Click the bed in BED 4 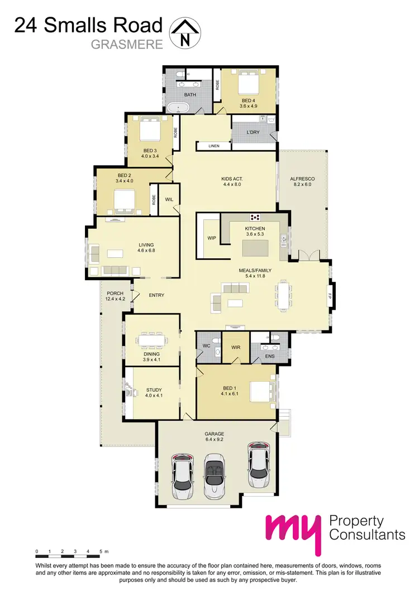point(247,85)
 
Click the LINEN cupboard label point(214,146)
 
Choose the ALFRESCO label point(302,180)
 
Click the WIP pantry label point(212,238)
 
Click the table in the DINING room point(152,341)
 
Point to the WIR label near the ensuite point(236,348)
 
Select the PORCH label point(115,293)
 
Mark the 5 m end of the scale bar point(102,551)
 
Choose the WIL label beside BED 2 point(169,200)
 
